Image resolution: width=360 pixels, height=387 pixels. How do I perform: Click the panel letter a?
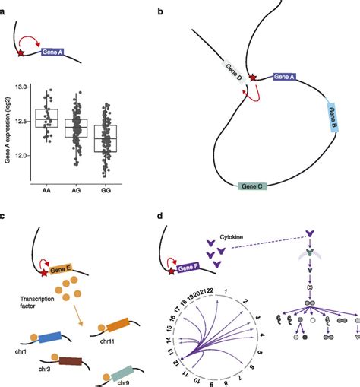tap(5, 6)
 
